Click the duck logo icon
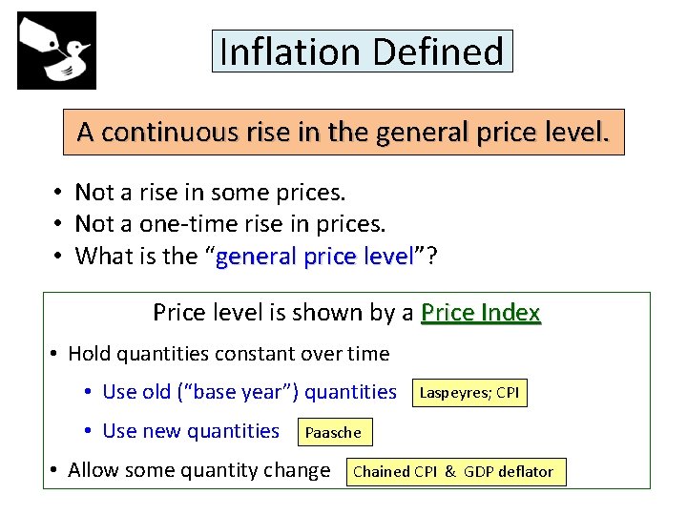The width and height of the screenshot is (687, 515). coord(56,51)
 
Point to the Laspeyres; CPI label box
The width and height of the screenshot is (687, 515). coord(469,392)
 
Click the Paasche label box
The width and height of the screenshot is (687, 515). coord(333,432)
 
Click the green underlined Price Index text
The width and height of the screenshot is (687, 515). coord(481,313)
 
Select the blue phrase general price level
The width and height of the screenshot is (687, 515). coord(315,257)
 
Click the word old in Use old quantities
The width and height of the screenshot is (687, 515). coord(159,392)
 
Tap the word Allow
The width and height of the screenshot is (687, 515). coord(97,470)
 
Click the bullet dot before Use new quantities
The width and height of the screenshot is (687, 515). coord(87,432)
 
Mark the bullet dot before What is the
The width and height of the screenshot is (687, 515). coord(58,257)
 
